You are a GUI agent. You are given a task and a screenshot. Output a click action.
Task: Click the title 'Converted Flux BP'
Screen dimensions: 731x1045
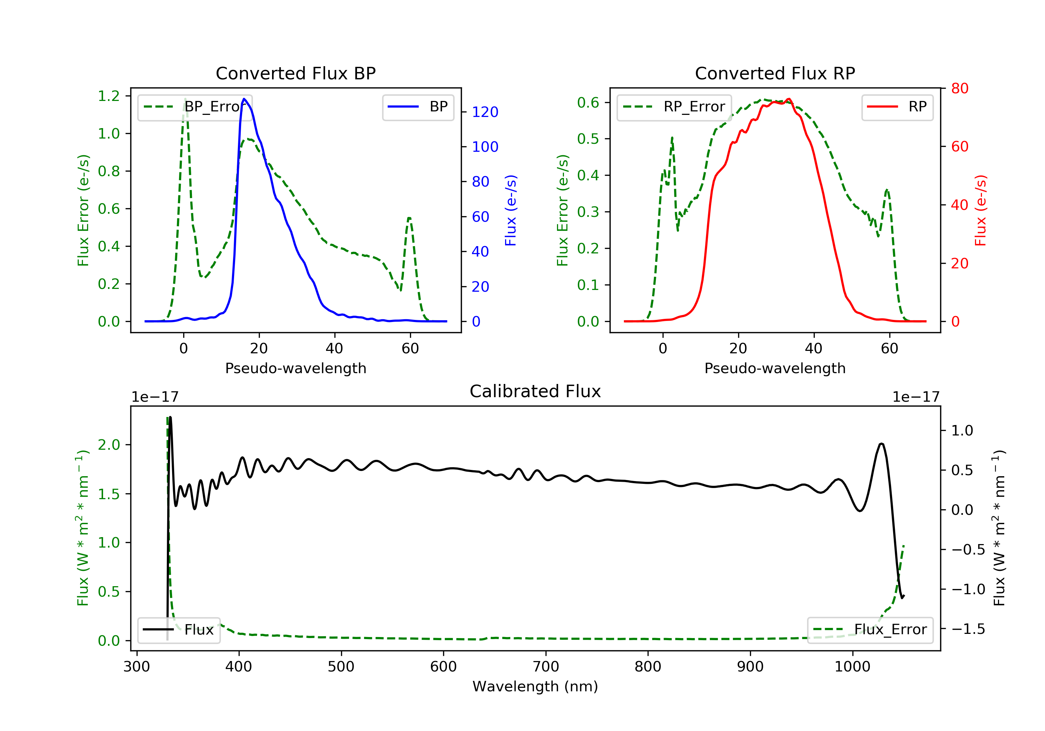[295, 73]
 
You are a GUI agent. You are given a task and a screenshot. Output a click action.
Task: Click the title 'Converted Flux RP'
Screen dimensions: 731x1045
[775, 73]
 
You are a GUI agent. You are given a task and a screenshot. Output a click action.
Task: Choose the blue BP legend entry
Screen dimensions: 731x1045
[418, 107]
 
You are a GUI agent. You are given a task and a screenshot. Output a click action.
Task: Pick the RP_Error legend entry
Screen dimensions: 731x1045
[674, 107]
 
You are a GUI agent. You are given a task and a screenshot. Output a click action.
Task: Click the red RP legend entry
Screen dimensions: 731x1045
[897, 107]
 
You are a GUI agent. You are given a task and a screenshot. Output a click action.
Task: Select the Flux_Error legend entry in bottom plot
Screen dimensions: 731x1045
[870, 630]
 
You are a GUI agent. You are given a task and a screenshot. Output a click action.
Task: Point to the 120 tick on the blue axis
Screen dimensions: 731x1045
[485, 112]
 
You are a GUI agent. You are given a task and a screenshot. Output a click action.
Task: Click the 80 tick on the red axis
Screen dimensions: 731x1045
[959, 88]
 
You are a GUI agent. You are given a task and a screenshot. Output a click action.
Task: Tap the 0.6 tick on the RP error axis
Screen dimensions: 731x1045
[588, 102]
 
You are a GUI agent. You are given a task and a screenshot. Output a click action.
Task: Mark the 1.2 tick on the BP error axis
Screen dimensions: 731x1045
[109, 96]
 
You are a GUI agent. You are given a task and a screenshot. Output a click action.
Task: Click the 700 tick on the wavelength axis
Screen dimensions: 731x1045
[546, 667]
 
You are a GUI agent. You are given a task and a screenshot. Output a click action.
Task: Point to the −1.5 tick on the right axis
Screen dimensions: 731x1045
[968, 629]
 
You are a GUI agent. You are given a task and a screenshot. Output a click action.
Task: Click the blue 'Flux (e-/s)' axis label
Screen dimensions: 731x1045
[511, 210]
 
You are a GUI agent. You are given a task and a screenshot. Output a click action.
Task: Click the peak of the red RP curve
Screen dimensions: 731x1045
[788, 99]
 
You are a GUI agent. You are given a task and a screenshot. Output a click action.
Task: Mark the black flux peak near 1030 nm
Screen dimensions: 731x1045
[882, 443]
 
